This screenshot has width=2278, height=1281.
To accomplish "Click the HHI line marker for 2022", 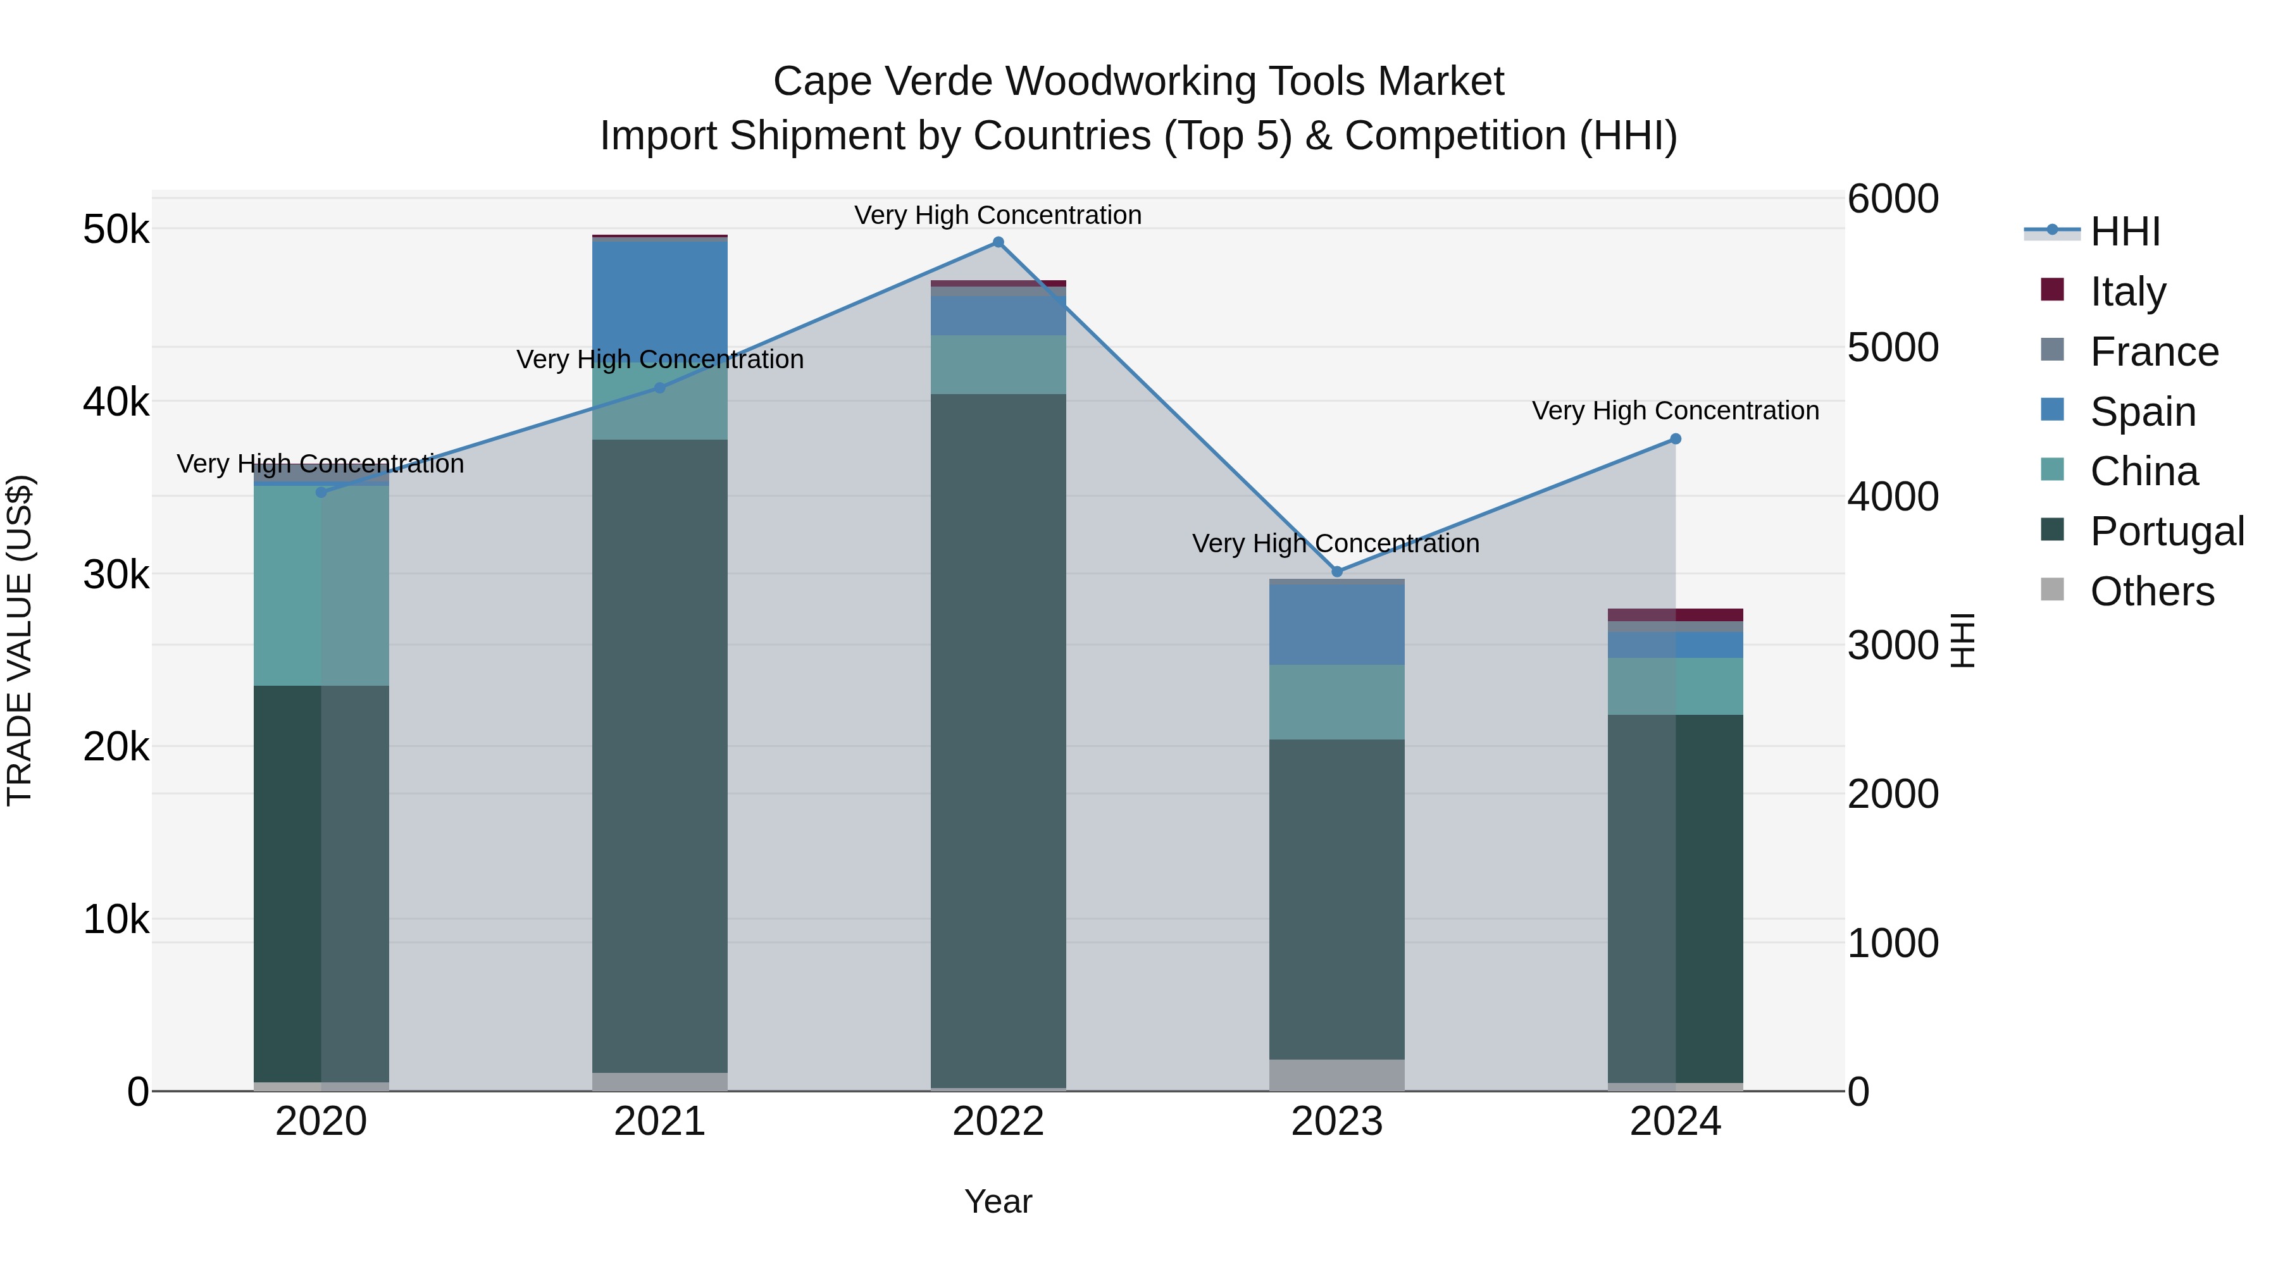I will pyautogui.click(x=999, y=242).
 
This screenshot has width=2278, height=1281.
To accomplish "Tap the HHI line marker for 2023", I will pyautogui.click(x=1337, y=572).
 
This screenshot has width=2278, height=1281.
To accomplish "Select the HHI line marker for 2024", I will pyautogui.click(x=1676, y=440).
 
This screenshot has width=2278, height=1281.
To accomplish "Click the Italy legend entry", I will pyautogui.click(x=2127, y=291).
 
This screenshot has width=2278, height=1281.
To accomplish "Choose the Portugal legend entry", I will pyautogui.click(x=2167, y=531).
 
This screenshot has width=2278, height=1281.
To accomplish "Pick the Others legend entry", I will pyautogui.click(x=2151, y=591).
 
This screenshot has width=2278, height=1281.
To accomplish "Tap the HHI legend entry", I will pyautogui.click(x=2124, y=232).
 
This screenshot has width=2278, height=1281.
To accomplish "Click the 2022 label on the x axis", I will pyautogui.click(x=999, y=1122).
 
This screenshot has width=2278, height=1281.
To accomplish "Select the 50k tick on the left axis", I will pyautogui.click(x=116, y=230).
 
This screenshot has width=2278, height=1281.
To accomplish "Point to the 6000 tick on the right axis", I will pyautogui.click(x=1893, y=199).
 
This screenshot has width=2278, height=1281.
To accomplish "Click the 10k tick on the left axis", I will pyautogui.click(x=116, y=919).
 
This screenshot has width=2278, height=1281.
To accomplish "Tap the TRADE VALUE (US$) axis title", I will pyautogui.click(x=20, y=641).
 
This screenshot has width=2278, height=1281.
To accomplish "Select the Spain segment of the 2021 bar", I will pyautogui.click(x=660, y=300).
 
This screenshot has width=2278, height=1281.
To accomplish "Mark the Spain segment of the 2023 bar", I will pyautogui.click(x=1337, y=624).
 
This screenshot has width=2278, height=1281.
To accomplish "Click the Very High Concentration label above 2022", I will pyautogui.click(x=999, y=216).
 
